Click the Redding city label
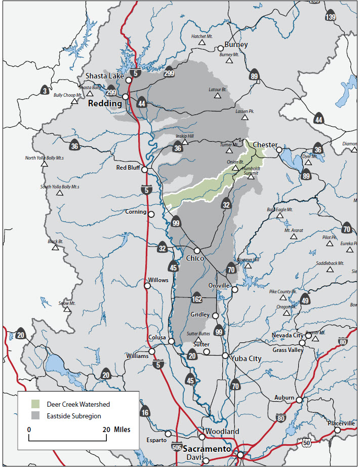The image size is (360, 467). coord(105,103)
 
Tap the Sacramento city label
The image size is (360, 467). coord(207,449)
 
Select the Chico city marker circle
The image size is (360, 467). coord(197,251)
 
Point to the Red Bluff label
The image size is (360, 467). coord(128,168)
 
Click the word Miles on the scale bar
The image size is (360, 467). coord(122,430)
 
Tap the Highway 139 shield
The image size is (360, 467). coord(330,16)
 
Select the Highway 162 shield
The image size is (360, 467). coord(196,299)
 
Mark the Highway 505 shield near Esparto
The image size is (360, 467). coord(176,446)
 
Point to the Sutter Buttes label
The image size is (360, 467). coord(198,334)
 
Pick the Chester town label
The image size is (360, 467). coord(265,145)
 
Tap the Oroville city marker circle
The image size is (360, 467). coord(235,289)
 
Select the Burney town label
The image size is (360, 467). coord(236,45)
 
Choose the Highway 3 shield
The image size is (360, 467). coord(46,91)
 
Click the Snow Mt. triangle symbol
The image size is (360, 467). coord(67,309)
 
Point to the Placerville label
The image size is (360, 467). coord(341,423)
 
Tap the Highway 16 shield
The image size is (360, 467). coord(145,412)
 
